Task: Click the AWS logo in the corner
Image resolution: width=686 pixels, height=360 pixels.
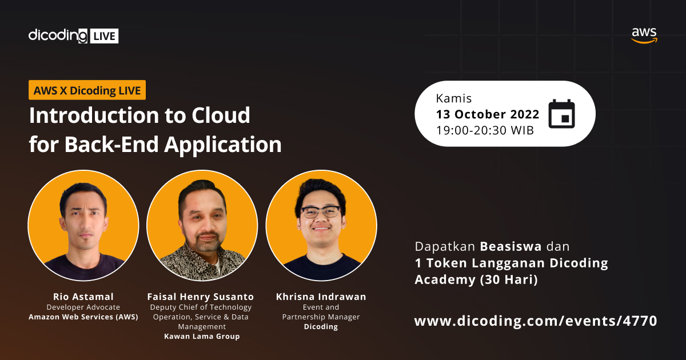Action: (644, 35)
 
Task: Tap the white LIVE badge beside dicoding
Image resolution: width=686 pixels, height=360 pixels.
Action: (103, 36)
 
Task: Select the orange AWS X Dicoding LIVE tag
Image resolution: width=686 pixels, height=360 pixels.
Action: (87, 90)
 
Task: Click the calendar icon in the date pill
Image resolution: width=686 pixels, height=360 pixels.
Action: (561, 114)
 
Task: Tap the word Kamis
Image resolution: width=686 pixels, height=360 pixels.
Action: (454, 98)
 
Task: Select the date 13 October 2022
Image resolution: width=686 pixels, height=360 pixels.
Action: (487, 114)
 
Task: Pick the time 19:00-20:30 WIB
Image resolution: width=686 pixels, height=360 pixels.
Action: (485, 130)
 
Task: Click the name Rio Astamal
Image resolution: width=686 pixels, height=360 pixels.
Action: (83, 297)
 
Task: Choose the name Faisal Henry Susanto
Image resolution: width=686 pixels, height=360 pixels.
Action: (201, 297)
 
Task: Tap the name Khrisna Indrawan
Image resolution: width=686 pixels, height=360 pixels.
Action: (321, 297)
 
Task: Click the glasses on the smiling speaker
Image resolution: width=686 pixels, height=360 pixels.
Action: (321, 212)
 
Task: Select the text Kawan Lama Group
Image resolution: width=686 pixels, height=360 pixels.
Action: (201, 337)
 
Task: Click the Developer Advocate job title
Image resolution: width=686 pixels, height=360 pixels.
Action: (83, 307)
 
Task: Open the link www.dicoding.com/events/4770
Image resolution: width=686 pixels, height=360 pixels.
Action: (536, 321)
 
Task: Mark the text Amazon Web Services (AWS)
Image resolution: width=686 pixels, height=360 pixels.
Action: (83, 317)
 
